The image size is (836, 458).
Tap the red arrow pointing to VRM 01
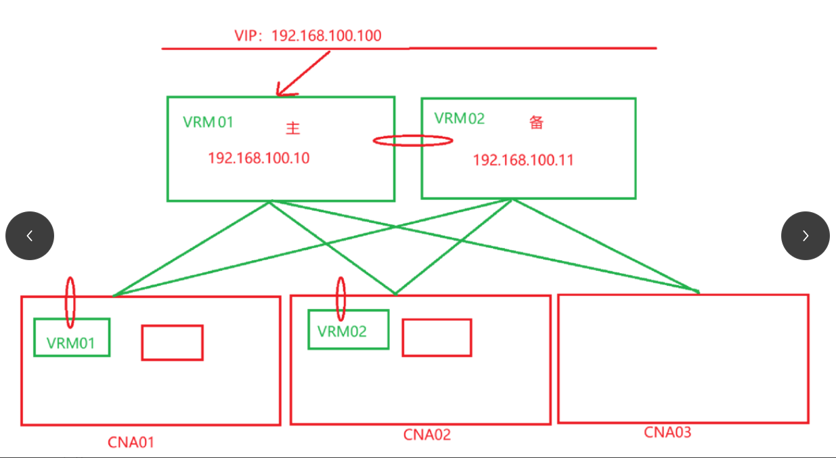[x=303, y=74]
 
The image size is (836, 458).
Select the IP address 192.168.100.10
[x=259, y=158]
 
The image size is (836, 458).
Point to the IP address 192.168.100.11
[x=523, y=160]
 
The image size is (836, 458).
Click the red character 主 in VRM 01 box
[x=292, y=127]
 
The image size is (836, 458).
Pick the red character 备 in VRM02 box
[x=537, y=123]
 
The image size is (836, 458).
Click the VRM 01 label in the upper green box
[x=208, y=122]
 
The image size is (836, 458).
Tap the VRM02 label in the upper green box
[x=460, y=119]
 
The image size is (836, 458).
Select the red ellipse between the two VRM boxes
[x=413, y=141]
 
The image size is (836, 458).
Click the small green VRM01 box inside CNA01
[x=72, y=337]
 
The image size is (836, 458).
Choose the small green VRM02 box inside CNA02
[x=348, y=330]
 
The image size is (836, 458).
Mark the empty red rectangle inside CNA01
[x=172, y=342]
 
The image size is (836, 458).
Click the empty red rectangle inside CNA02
[x=437, y=337]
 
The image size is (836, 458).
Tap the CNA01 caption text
[x=131, y=442]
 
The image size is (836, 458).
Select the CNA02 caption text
[x=427, y=434]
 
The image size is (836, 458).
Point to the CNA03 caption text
[x=667, y=432]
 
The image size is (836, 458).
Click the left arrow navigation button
[x=30, y=236]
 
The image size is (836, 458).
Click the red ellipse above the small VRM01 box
[x=70, y=301]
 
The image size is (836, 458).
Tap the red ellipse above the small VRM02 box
[x=341, y=298]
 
